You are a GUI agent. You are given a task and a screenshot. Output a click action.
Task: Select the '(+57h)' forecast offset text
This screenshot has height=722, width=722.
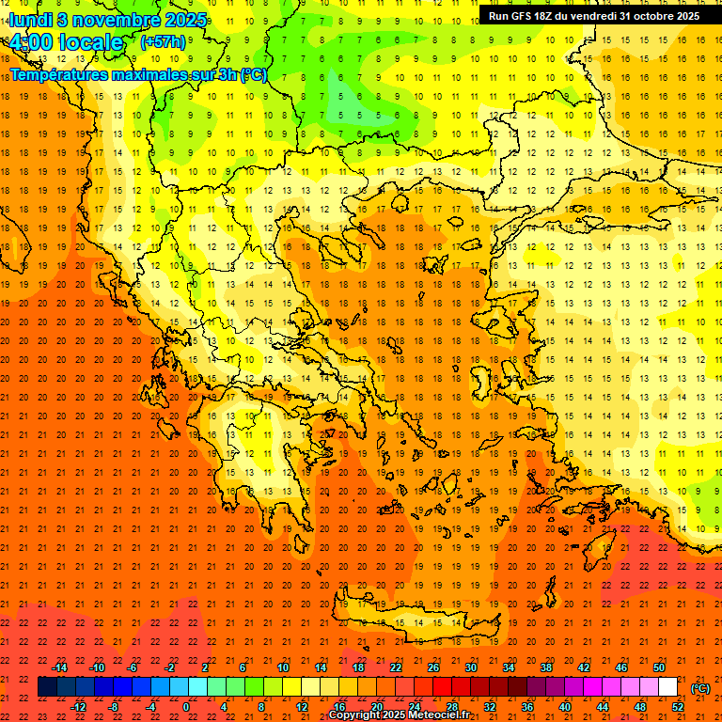[x=163, y=42]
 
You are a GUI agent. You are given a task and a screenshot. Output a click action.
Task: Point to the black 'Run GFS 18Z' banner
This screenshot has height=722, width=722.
[x=592, y=16]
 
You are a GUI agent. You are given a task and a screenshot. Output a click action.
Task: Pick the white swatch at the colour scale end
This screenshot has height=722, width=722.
[x=667, y=687]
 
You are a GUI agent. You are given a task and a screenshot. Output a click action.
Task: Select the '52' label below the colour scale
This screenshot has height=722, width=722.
[x=678, y=707]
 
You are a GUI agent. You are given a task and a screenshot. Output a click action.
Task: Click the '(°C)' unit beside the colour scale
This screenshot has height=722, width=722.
[x=700, y=688]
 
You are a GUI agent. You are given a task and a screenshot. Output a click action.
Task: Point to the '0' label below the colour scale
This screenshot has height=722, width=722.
[x=186, y=707]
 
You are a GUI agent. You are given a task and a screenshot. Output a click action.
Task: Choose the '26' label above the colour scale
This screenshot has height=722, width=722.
[x=433, y=667]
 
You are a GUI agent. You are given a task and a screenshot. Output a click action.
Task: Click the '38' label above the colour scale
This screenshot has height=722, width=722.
[x=546, y=667]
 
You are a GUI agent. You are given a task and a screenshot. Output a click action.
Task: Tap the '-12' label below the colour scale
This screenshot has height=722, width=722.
[x=78, y=707]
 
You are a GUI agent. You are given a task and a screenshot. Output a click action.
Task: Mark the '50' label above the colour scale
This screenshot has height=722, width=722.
[x=659, y=667]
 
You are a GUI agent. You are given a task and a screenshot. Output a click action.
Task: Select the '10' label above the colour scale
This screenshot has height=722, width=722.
[x=283, y=667]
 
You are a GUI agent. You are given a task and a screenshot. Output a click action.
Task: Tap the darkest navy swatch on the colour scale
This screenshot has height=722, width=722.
[x=47, y=687]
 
